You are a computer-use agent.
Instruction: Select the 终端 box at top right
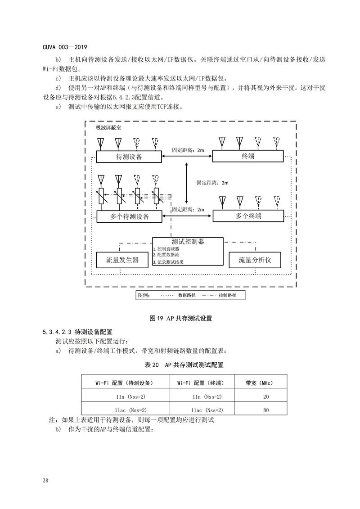248,156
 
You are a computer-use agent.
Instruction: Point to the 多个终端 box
248,216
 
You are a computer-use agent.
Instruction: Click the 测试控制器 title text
188,242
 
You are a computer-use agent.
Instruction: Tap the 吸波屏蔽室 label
108,127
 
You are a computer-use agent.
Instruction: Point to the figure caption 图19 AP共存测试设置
180,318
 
